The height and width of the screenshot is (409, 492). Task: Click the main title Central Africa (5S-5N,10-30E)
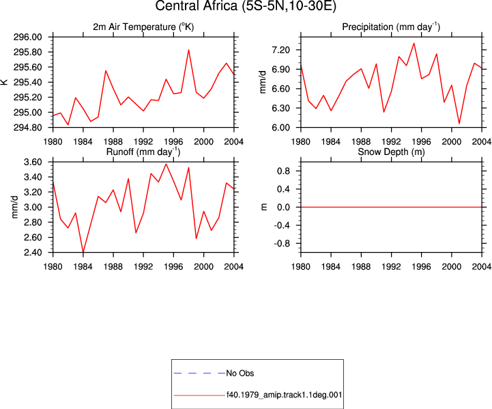(x=246, y=6)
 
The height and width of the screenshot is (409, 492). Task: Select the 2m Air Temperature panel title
(x=143, y=27)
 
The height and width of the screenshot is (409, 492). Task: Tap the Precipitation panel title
(x=391, y=27)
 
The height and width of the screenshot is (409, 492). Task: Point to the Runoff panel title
(x=143, y=152)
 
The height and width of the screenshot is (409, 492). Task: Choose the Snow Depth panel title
(x=391, y=152)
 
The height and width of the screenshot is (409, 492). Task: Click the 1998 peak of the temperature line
(x=188, y=50)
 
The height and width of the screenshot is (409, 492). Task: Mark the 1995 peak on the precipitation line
(x=414, y=43)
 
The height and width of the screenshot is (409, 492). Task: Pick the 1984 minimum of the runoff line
(x=83, y=252)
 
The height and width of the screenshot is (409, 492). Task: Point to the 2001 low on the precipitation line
(x=459, y=124)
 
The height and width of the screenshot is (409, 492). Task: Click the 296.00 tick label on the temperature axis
(x=27, y=37)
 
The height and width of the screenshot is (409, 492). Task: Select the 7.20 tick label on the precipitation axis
(x=281, y=50)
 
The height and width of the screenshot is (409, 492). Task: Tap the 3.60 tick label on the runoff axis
(x=33, y=163)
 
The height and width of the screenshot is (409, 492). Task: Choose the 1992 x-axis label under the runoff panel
(x=143, y=266)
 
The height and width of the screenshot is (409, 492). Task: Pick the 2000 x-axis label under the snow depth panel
(x=452, y=266)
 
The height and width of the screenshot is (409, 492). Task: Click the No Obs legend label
(x=240, y=373)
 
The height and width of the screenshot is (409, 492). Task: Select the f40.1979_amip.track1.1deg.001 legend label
(x=285, y=395)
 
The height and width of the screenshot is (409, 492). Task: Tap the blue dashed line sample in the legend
(x=199, y=373)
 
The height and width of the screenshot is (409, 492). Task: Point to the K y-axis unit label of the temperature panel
(x=4, y=82)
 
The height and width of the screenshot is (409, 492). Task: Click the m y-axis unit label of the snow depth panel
(x=264, y=207)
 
